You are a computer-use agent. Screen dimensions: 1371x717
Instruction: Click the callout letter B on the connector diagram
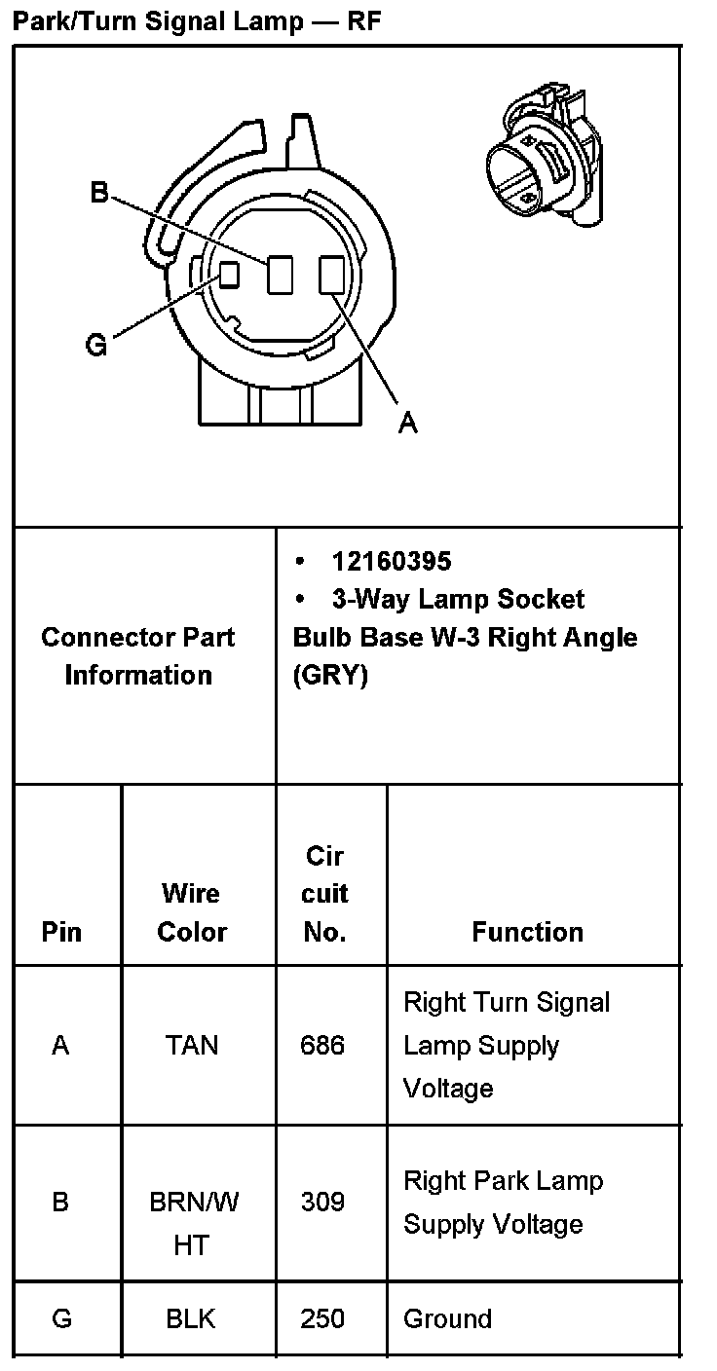coord(99,193)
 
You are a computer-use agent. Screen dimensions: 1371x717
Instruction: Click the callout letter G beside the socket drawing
coord(96,345)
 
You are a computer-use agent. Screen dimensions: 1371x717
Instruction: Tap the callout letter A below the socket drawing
coord(408,422)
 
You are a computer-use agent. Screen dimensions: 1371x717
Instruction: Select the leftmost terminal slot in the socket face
coord(229,275)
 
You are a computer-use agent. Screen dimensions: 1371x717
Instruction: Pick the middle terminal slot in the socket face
coord(281,275)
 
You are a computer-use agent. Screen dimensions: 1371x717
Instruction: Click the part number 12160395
coord(392,562)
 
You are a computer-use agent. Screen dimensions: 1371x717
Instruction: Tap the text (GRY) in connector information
coord(330,676)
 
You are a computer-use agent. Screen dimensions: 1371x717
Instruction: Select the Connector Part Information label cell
coord(138,656)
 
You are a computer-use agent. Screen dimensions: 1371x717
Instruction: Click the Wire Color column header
coord(192,912)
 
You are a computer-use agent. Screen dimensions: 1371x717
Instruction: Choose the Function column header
coord(527,932)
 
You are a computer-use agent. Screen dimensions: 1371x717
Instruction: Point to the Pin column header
coord(61,932)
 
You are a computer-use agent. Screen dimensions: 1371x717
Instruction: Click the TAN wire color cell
coord(192,1046)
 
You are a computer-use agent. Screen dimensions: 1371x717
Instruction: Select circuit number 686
coord(323,1046)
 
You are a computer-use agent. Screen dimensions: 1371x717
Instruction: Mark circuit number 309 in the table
coord(323,1202)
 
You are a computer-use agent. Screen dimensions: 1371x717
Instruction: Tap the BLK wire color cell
coord(191,1319)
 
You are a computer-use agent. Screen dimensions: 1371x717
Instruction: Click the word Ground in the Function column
coord(447,1319)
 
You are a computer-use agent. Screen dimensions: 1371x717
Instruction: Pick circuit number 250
coord(323,1319)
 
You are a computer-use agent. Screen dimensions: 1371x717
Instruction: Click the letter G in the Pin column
coord(61,1319)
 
